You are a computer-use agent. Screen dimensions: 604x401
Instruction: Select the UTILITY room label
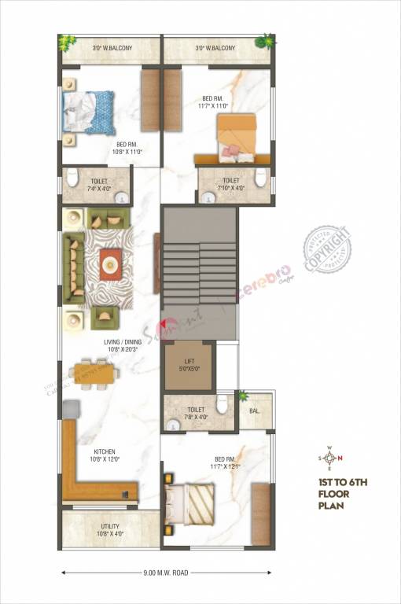[x=109, y=531]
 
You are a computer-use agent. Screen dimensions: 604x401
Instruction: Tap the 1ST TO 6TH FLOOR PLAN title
[x=339, y=492]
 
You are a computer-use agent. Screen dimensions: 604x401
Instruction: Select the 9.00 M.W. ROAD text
[x=164, y=573]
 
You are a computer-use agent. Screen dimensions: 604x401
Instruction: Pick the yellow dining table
[x=96, y=374]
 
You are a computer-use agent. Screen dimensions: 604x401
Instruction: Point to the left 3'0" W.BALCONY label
[x=112, y=49]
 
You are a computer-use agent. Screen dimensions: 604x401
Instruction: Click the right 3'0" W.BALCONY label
[x=215, y=49]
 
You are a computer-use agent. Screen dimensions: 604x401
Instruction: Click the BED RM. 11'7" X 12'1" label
[x=225, y=462]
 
